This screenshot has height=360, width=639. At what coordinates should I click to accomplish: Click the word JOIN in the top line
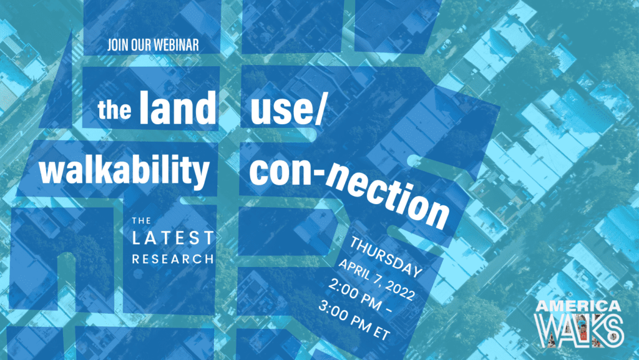117,45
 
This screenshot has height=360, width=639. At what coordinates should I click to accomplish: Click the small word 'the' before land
115,109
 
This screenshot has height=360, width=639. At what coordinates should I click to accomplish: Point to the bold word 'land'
178,107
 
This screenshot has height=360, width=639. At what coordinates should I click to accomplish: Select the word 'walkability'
124,170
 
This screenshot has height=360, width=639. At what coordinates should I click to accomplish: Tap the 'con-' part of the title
286,171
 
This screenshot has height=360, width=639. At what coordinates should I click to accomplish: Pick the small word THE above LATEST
142,221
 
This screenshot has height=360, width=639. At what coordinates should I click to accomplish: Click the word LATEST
173,238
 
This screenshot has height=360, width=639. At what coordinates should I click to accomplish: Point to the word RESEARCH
173,259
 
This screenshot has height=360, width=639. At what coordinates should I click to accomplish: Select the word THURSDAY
386,257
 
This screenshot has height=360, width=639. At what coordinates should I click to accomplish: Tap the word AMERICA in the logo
578,306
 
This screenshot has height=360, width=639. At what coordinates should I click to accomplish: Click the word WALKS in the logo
579,330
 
